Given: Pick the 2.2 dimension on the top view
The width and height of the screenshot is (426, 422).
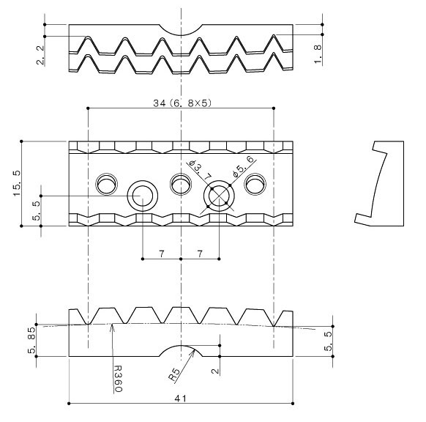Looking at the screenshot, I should click(40, 53).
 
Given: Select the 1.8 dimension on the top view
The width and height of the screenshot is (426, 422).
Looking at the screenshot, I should click(317, 52).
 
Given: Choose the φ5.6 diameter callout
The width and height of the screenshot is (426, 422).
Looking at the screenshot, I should click(242, 166).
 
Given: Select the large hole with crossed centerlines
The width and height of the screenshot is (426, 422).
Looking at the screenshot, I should click(220, 197).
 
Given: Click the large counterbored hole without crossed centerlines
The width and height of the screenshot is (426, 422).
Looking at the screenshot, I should click(142, 197).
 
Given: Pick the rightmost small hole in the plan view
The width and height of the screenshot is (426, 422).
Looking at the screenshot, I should click(256, 183).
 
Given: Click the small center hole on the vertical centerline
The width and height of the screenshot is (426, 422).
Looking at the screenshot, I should click(180, 182).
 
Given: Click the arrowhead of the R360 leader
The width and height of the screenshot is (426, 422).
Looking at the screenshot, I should click(112, 328).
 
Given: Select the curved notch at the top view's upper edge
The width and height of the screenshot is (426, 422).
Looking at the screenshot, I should click(180, 31).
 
